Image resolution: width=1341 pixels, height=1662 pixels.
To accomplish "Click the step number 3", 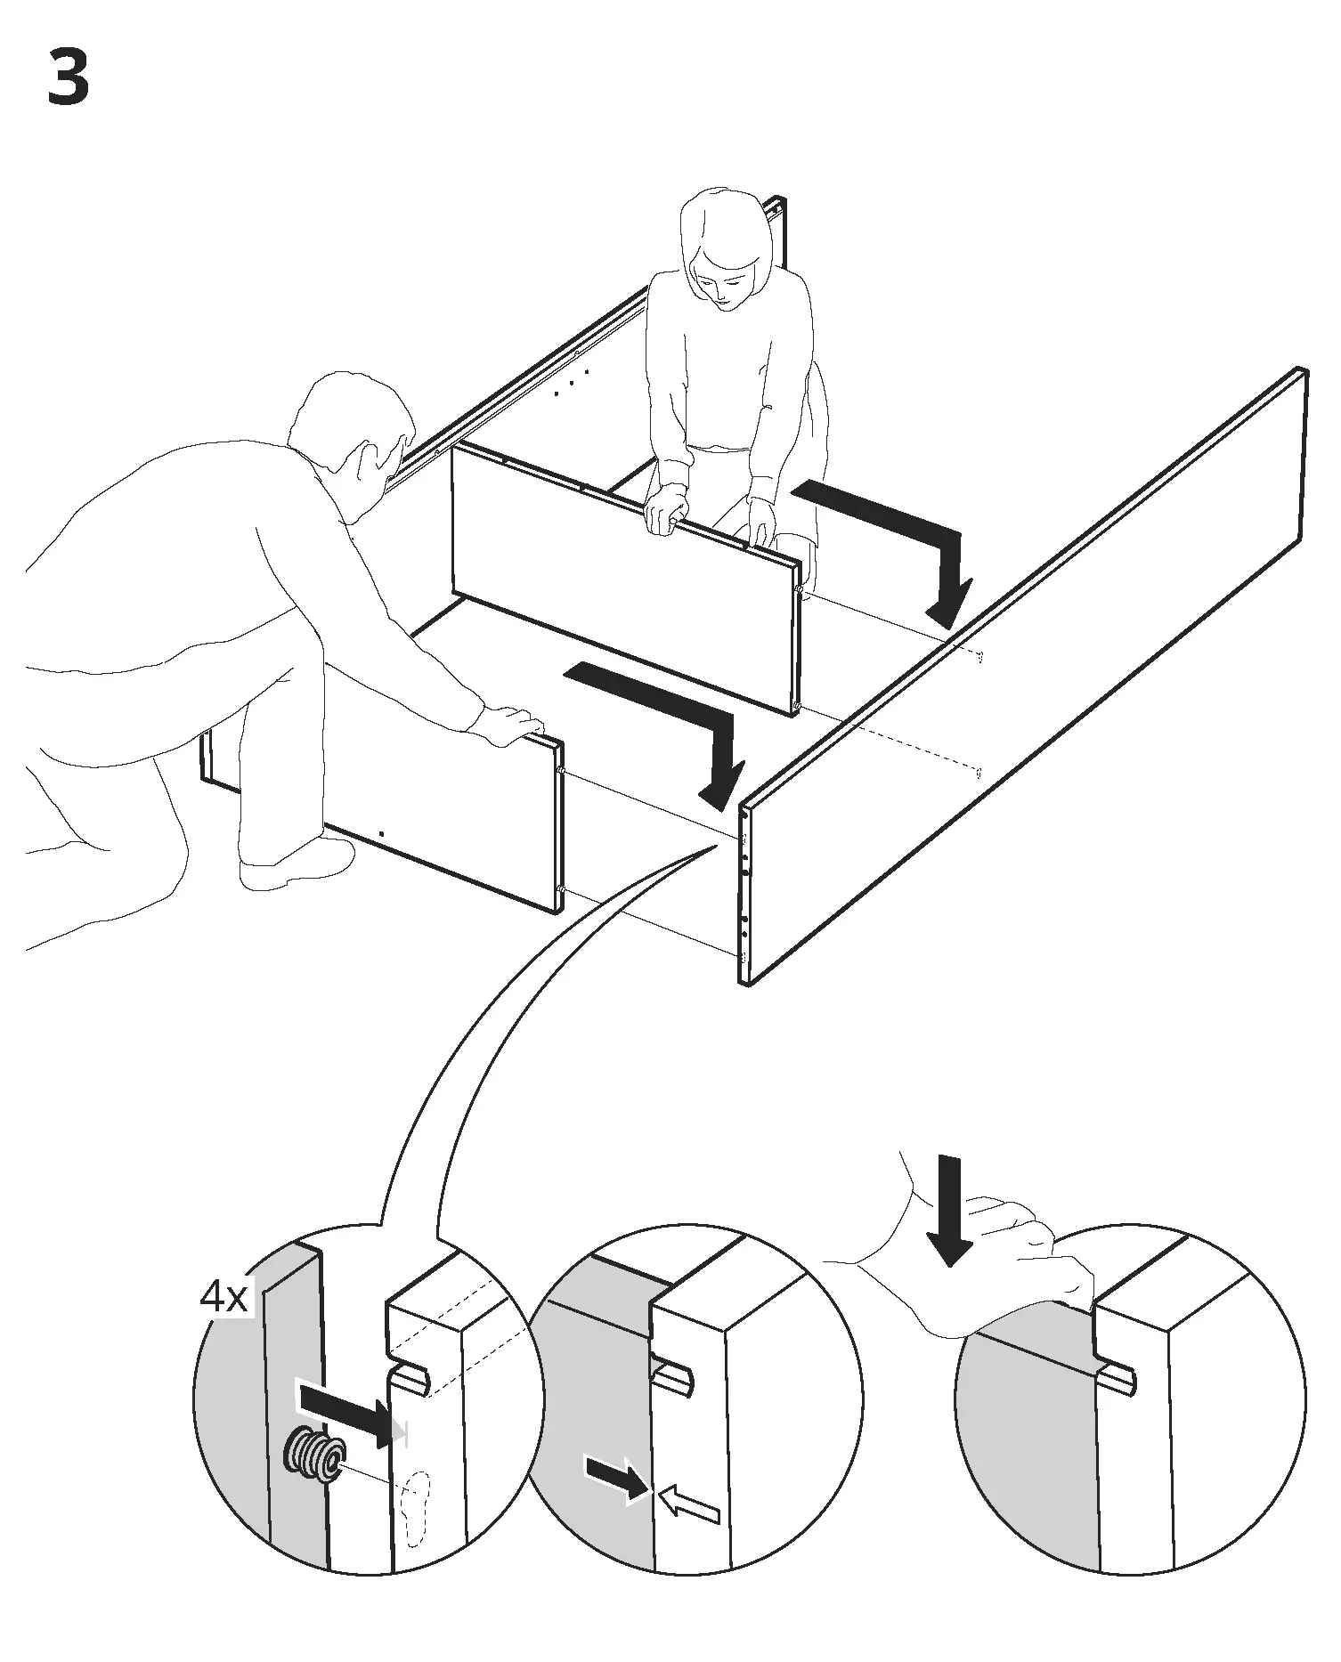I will (x=68, y=78).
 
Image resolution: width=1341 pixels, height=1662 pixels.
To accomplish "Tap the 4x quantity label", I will (x=223, y=1297).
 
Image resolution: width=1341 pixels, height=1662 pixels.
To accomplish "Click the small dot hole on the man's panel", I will (x=382, y=833).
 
